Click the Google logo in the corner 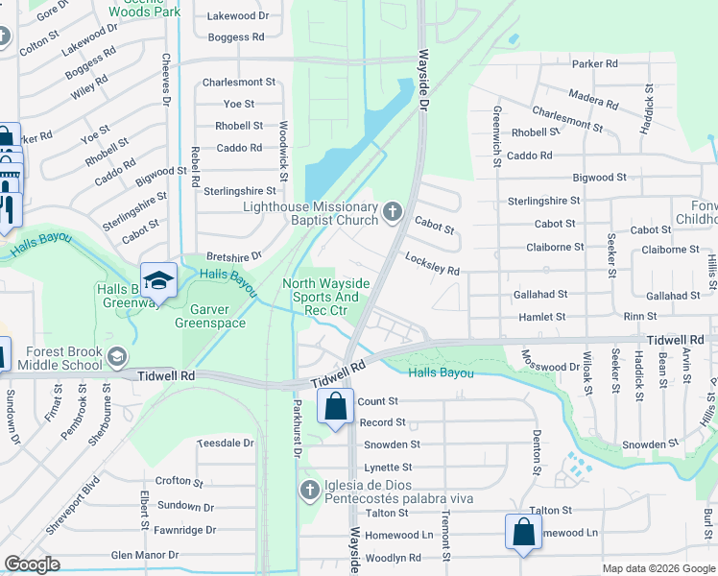32,564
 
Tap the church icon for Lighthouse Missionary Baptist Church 392,211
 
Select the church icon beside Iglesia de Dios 309,491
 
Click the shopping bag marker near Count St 336,406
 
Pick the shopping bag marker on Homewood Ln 523,532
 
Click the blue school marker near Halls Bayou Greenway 158,281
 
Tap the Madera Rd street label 593,102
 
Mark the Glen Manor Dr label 145,555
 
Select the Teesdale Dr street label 225,443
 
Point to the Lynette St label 387,468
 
